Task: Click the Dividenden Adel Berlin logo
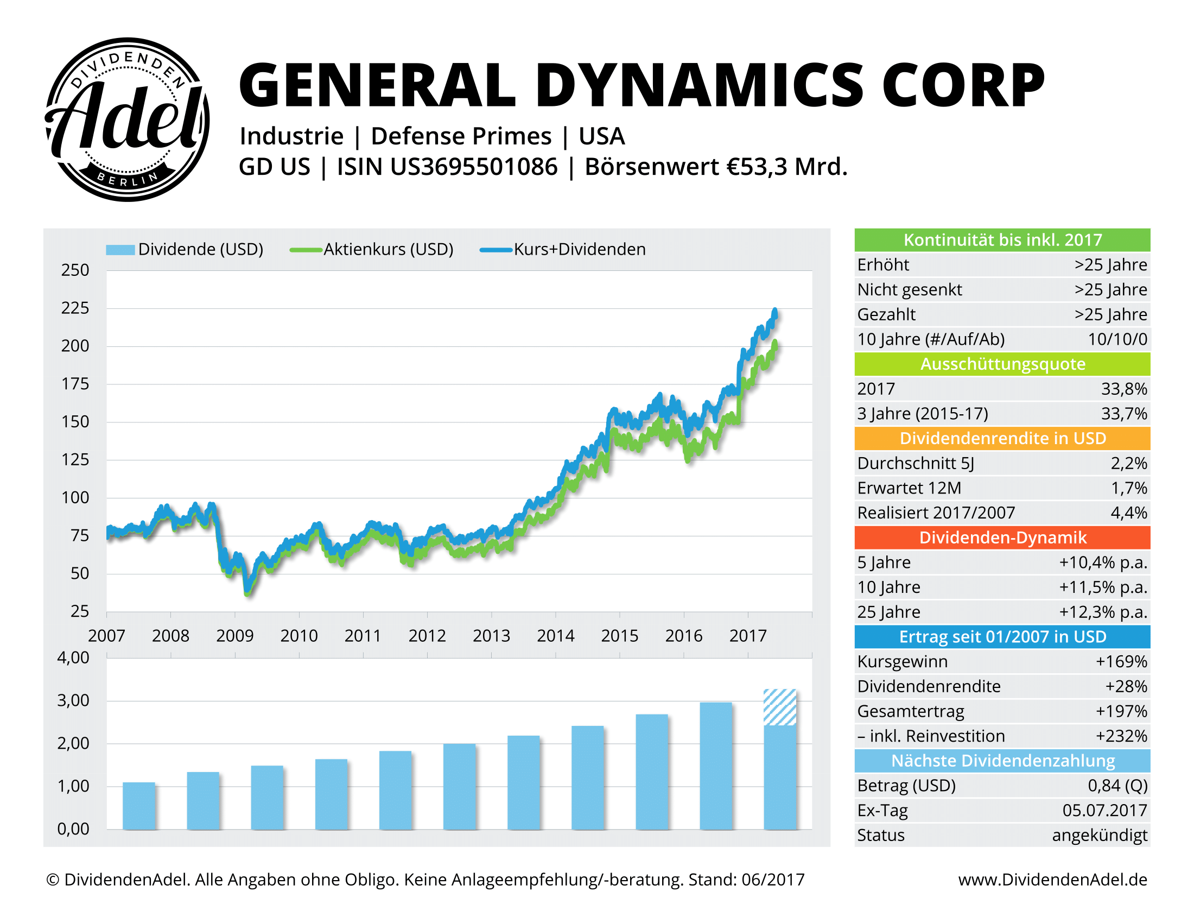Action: (127, 119)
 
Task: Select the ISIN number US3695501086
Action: (474, 167)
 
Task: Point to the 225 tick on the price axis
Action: (75, 308)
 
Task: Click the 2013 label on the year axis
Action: (491, 636)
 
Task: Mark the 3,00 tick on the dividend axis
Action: (73, 700)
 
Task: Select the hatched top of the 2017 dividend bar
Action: (779, 707)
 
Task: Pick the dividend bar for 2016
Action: (716, 766)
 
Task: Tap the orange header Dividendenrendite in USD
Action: (1002, 439)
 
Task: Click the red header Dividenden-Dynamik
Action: (1002, 538)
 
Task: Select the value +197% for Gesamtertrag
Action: (1121, 711)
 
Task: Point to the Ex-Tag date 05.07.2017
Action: (1104, 811)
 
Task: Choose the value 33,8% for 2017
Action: (1123, 389)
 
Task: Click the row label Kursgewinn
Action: (902, 662)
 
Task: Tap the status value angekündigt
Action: (1100, 836)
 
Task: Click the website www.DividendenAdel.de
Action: (1052, 880)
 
